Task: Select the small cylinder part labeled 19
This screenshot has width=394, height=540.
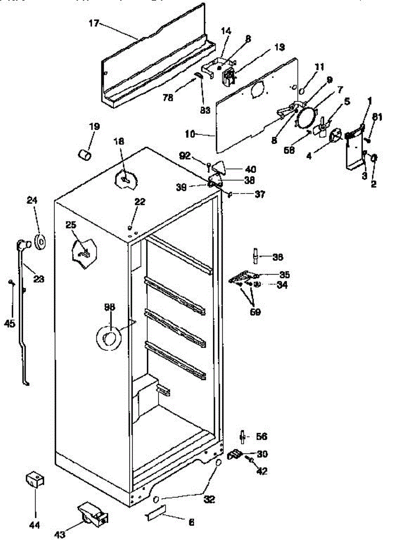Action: (85, 154)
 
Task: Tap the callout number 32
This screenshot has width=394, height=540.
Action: (209, 499)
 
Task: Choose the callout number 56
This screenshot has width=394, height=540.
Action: (261, 436)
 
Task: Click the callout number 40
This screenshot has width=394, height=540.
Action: (250, 170)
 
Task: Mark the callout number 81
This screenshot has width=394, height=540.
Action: (377, 117)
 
